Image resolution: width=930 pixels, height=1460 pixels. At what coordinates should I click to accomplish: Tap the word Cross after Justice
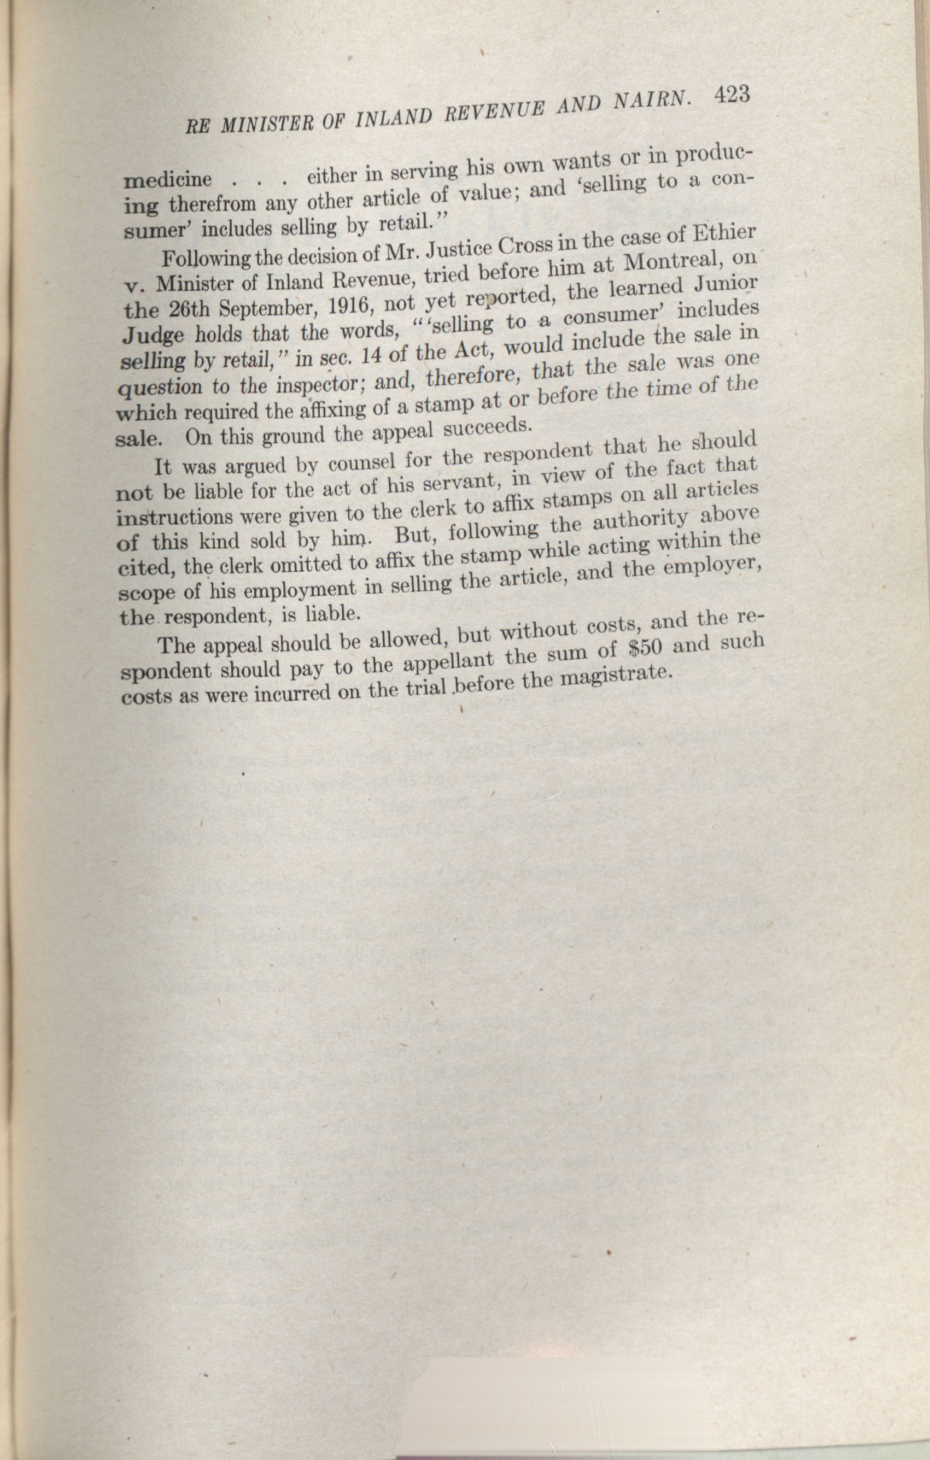523,245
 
